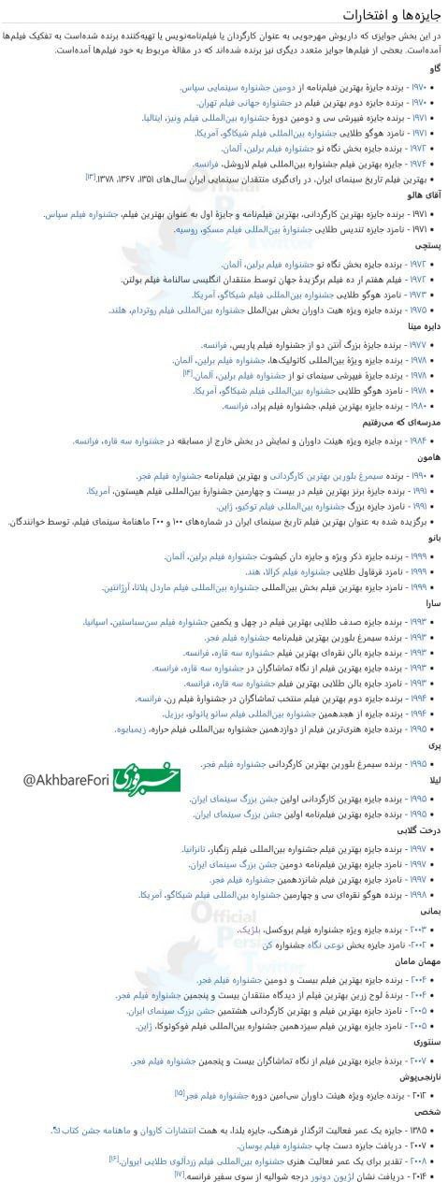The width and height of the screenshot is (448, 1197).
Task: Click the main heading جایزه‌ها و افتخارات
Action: pyautogui.click(x=393, y=17)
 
